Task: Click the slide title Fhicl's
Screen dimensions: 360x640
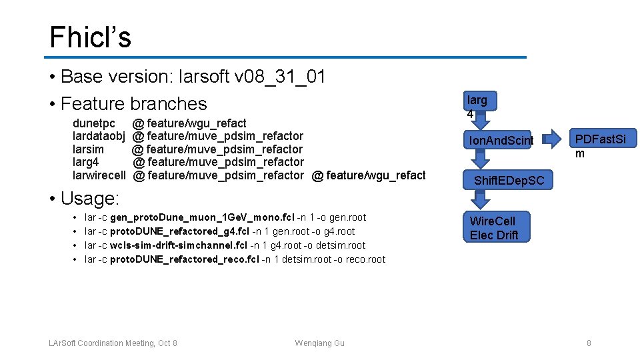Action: point(90,37)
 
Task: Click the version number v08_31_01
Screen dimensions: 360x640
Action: point(279,77)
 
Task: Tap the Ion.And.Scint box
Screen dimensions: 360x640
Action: point(501,140)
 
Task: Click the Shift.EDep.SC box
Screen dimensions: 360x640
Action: point(509,181)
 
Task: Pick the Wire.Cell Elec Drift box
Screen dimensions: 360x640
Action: point(493,227)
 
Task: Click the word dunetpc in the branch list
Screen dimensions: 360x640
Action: point(94,123)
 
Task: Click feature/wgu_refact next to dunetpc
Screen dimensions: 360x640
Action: point(196,123)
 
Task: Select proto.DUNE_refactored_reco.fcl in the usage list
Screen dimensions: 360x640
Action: point(185,259)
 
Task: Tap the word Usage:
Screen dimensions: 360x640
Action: point(90,199)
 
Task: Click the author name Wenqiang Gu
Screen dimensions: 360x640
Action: point(320,343)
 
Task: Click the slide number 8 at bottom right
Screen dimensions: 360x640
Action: point(589,343)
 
